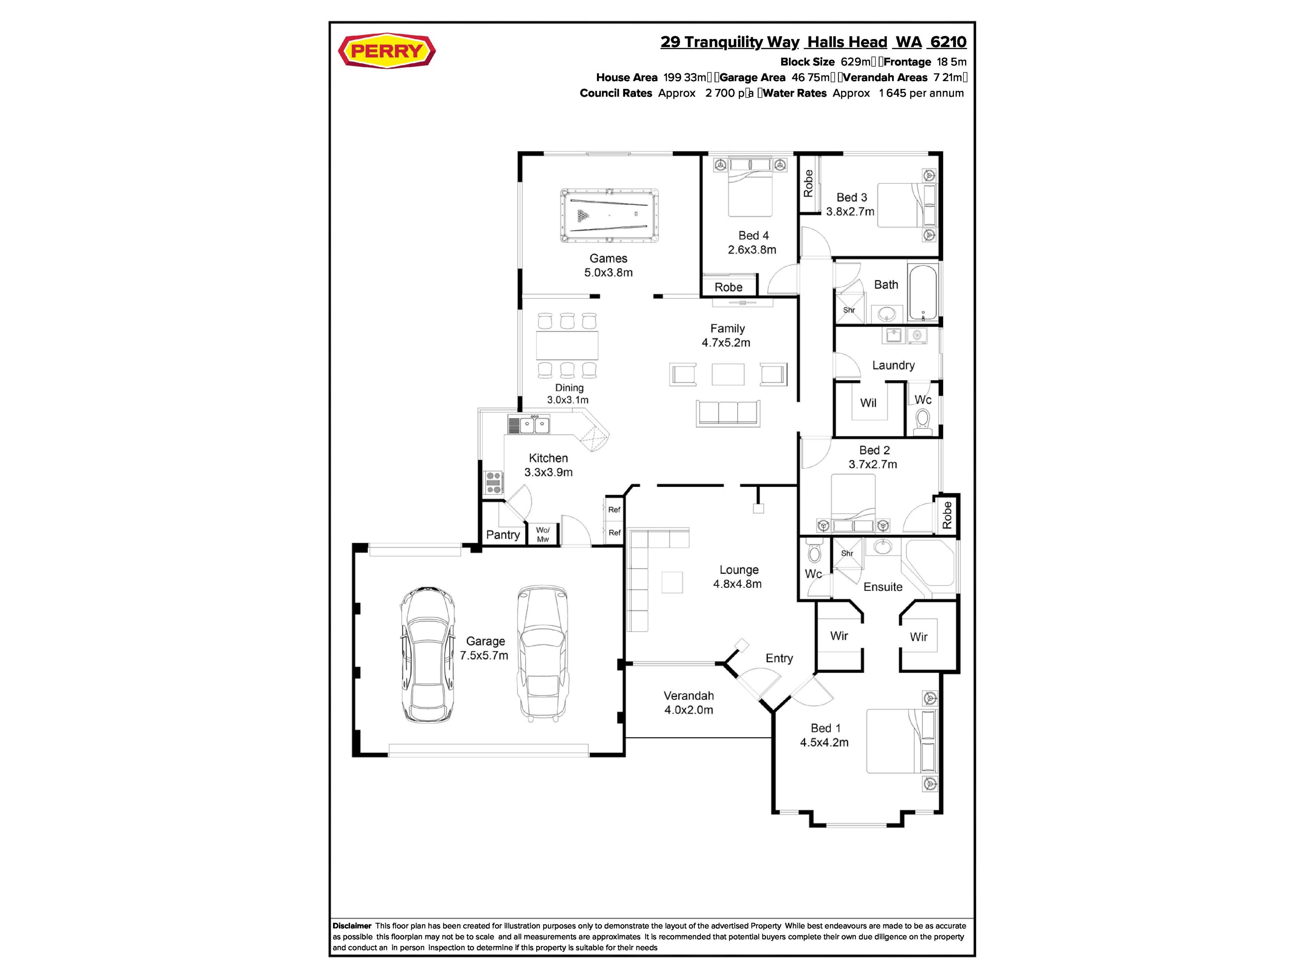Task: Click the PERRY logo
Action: pos(387,51)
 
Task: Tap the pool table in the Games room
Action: pos(609,215)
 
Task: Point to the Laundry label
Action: pos(893,365)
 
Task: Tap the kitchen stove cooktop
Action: pos(493,482)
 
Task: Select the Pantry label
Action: pos(503,535)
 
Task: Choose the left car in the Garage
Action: pos(428,654)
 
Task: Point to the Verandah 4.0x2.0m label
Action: pos(689,703)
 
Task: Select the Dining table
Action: pos(567,345)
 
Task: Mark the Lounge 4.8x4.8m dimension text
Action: pos(738,584)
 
